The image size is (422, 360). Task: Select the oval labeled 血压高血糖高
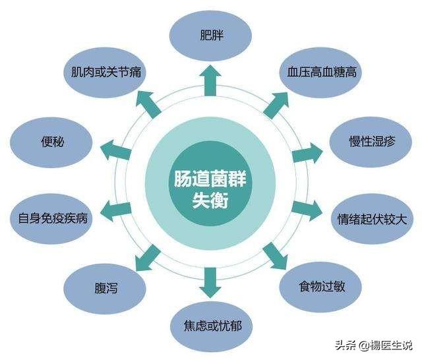click(322, 71)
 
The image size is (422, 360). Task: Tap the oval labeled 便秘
click(52, 140)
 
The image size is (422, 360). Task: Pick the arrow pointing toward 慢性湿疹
click(307, 152)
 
